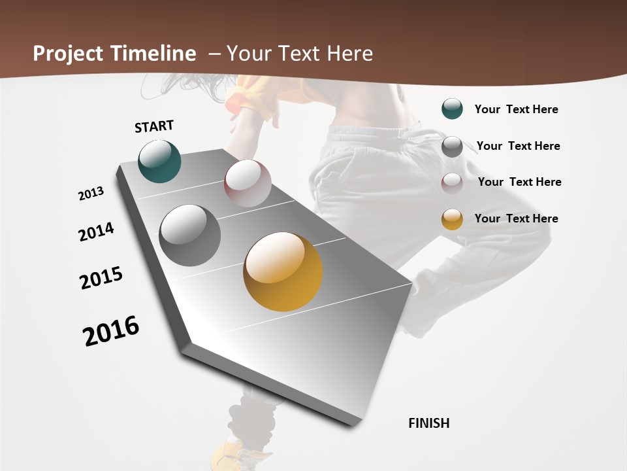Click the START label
[x=154, y=126]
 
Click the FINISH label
[x=428, y=423]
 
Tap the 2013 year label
[x=91, y=194]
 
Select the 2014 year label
[x=96, y=232]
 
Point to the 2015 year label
[x=101, y=278]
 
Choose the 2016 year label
[x=111, y=331]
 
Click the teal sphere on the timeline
[x=159, y=161]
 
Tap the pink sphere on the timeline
[x=248, y=183]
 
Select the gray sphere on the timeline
[x=190, y=235]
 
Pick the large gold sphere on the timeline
[x=283, y=271]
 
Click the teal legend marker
[x=452, y=109]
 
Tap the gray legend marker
[x=452, y=147]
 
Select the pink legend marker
[x=452, y=183]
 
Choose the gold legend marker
[x=452, y=219]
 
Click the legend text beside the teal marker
[x=516, y=109]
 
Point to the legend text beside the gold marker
[x=516, y=218]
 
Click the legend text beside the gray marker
[x=518, y=146]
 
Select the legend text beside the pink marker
[x=519, y=182]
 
